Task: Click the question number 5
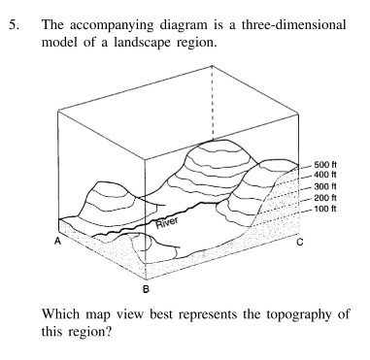17,13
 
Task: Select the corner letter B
145,288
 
